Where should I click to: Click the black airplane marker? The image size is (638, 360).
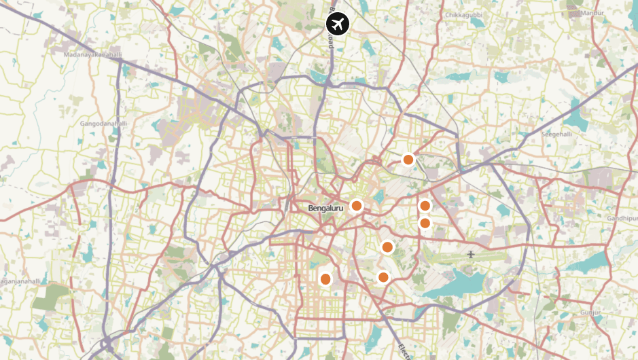337,24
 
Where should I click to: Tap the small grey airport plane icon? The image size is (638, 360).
470,255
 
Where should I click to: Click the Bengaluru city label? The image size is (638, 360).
325,208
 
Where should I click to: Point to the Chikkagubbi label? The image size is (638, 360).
463,14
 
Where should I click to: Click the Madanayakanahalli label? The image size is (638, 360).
92,54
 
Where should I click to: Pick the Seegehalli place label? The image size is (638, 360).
558,134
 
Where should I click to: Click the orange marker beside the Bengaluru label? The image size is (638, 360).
356,206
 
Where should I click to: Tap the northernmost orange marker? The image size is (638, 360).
408,160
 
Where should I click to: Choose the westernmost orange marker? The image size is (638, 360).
325,278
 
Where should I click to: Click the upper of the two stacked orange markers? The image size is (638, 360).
425,206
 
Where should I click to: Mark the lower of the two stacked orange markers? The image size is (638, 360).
425,223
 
